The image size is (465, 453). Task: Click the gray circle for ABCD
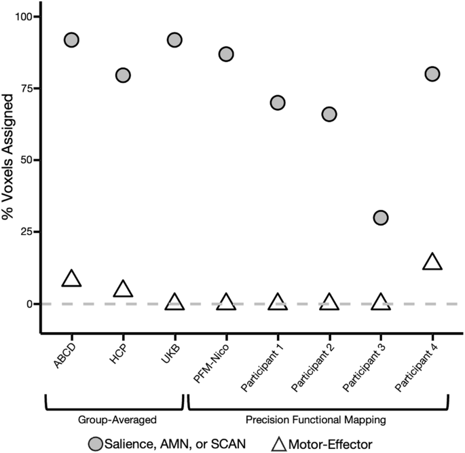coord(71,40)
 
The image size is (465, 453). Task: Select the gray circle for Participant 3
coord(381,217)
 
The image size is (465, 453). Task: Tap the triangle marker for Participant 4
coord(432,262)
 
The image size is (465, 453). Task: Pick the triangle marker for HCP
coord(123,289)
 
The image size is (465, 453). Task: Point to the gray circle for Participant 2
coord(329,114)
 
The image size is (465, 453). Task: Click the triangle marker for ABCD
coord(71,278)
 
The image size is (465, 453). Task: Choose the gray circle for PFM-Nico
coord(226,54)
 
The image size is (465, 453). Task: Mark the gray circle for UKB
coord(174,40)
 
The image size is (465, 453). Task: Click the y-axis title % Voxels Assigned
coord(7,160)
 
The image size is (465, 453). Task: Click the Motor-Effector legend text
coord(333,443)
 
